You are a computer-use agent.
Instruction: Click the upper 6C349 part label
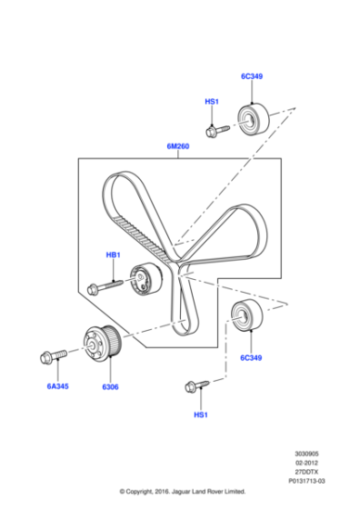252,76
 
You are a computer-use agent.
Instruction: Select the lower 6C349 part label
252,358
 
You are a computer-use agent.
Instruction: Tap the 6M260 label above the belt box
179,145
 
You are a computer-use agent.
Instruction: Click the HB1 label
113,255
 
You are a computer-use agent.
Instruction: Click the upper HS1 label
211,103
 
